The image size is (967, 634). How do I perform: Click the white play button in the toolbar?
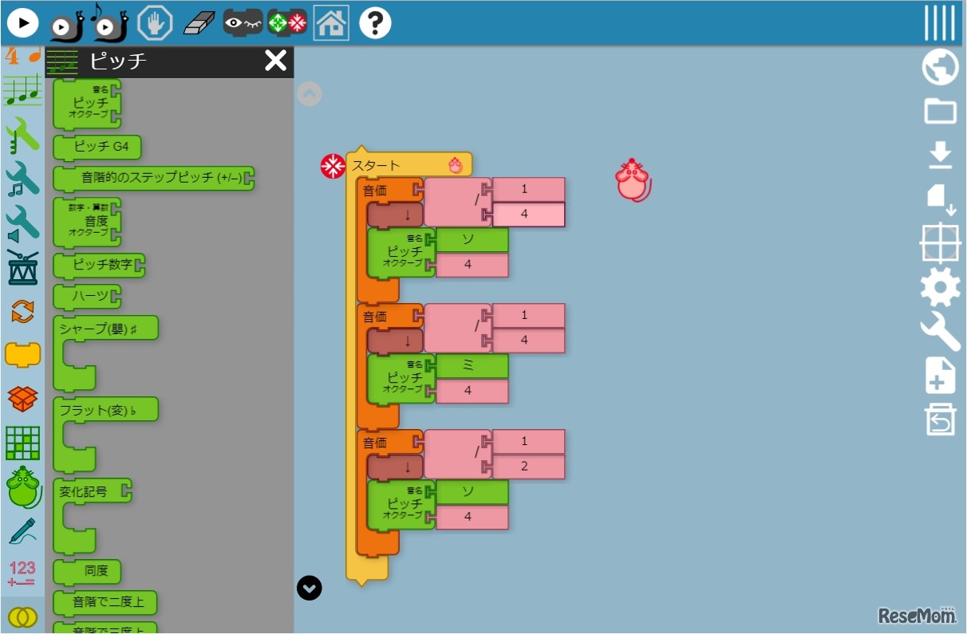(23, 23)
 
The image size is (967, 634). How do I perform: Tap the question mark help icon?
(375, 23)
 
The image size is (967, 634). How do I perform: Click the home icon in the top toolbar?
(331, 23)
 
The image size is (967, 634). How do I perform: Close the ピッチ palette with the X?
(275, 61)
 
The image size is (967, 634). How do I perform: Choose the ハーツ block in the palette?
(89, 297)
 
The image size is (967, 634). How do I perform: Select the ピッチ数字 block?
(101, 264)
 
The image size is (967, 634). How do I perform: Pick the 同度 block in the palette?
(89, 571)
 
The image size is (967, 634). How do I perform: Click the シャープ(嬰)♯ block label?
(107, 328)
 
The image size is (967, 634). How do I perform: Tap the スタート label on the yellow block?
(377, 166)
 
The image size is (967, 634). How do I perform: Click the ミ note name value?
(468, 366)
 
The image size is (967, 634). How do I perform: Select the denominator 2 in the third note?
(524, 467)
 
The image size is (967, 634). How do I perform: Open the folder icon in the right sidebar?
(940, 111)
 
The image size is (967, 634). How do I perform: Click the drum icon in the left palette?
(22, 267)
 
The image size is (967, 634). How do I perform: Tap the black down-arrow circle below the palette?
(310, 588)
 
